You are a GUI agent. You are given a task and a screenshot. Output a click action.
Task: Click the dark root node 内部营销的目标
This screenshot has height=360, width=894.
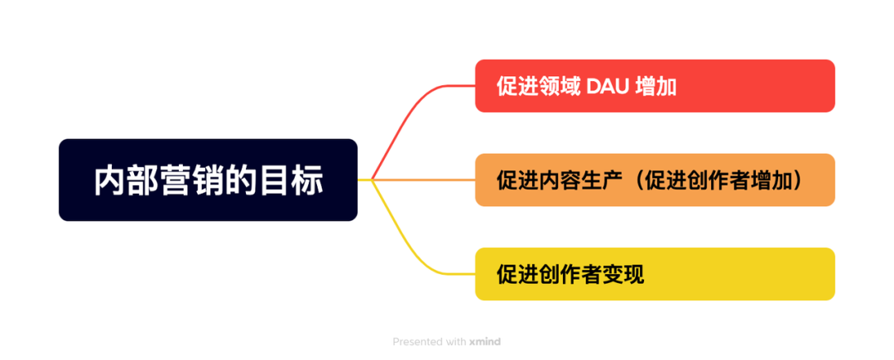[208, 180]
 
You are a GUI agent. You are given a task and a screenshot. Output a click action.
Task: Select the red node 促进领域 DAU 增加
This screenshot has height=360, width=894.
[654, 85]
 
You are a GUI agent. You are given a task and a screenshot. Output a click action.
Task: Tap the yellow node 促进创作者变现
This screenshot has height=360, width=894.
[654, 274]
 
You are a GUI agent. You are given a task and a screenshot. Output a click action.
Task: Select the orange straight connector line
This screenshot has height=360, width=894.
[422, 179]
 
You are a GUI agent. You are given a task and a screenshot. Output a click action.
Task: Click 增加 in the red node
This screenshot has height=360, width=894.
[656, 86]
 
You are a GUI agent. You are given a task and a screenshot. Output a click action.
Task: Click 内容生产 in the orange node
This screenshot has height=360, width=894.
[579, 180]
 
